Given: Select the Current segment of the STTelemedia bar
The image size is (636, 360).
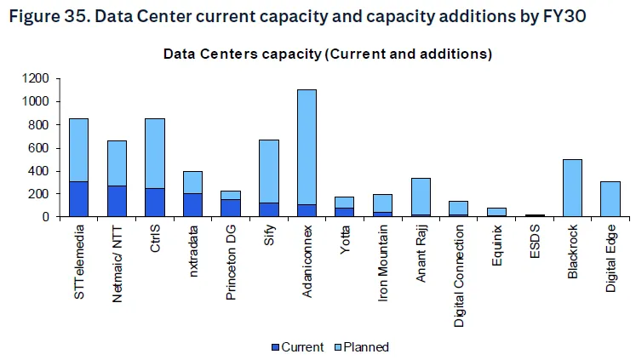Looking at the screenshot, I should pyautogui.click(x=78, y=198).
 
